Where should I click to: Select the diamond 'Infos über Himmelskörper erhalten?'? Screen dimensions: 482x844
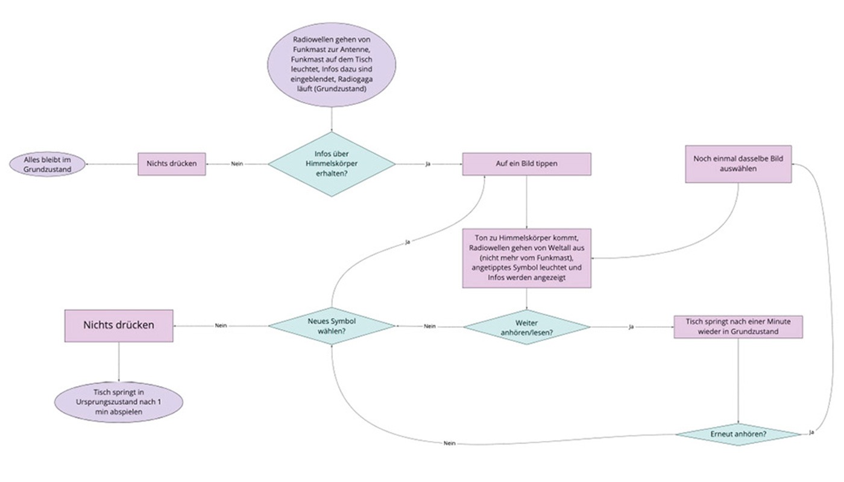coord(332,164)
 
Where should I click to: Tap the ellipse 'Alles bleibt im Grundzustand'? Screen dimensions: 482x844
coord(46,164)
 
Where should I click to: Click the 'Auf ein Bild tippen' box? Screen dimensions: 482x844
coord(526,164)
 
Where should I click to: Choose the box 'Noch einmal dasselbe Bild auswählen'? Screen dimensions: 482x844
coord(738,164)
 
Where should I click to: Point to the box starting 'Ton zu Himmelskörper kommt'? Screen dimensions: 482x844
coord(526,257)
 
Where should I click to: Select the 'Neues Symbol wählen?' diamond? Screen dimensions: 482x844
coord(332,326)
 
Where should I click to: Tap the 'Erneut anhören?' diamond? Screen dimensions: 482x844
coord(738,434)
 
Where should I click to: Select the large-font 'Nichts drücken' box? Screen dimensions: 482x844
coord(118,325)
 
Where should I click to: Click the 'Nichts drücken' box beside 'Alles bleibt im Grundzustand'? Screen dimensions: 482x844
coord(172,164)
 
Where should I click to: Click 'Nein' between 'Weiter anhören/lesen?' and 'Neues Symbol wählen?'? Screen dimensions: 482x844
coord(429,326)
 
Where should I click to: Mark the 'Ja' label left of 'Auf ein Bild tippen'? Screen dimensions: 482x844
coord(428,164)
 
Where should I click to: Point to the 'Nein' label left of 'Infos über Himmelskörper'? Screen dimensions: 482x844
coord(237,164)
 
